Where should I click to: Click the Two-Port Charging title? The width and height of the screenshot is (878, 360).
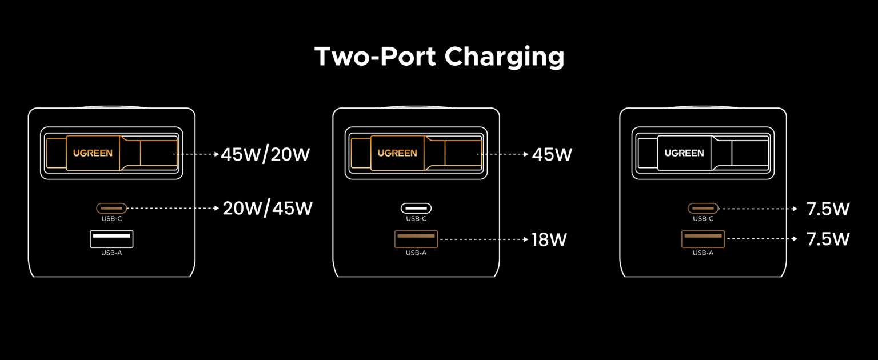coord(439,57)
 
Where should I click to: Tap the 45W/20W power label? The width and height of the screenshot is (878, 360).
coord(265,154)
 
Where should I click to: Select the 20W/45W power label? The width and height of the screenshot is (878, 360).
coord(268,209)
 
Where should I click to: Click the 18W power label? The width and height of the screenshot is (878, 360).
coord(549,239)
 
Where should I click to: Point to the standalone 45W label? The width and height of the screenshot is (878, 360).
coord(552,154)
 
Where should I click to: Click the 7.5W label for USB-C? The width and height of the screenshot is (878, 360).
coord(828,209)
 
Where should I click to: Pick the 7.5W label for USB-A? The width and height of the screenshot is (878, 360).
coord(828,239)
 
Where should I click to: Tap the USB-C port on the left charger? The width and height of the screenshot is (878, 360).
coord(111,209)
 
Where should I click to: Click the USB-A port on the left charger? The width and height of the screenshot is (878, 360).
coord(111,239)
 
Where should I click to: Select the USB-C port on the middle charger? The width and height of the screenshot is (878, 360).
coord(416,209)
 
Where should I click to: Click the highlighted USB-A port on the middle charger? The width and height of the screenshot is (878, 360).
coord(416,239)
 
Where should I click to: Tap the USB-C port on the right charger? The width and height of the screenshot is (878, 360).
coord(703,209)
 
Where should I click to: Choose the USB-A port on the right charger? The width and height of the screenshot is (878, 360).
coord(703,239)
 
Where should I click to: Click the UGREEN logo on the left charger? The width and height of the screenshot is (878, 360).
coord(93,153)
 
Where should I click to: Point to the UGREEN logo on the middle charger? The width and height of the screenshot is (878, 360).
coord(397,153)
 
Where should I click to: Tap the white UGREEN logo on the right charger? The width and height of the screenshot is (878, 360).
coord(684,153)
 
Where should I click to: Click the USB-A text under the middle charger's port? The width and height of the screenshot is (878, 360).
coord(416,253)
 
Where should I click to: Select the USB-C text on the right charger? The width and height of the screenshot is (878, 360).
coord(703,219)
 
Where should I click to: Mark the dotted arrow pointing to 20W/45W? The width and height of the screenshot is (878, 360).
coord(174,209)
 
